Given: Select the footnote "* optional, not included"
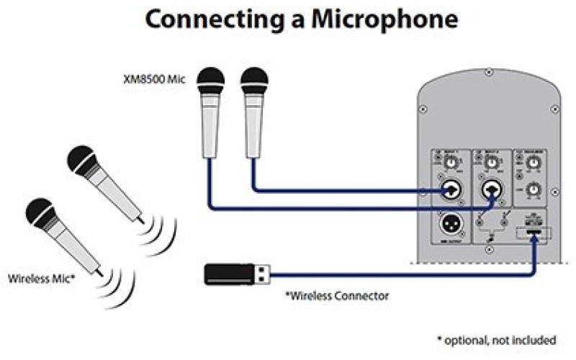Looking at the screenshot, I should pos(497,339).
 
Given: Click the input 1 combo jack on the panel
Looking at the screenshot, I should pos(451,191).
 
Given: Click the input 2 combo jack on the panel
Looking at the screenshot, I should pos(491,191).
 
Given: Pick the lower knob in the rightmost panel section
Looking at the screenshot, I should pos(533,190).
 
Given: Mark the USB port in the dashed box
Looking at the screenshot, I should pos(534,233).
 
